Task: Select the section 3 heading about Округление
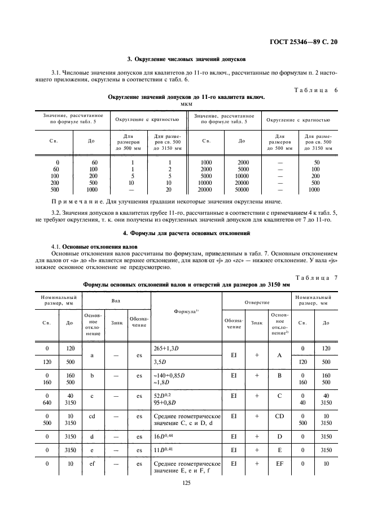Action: click(x=186, y=59)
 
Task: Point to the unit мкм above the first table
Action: click(x=186, y=104)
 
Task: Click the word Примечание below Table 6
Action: click(x=74, y=202)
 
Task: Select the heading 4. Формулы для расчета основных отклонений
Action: click(x=186, y=233)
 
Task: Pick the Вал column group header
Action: click(x=116, y=302)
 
